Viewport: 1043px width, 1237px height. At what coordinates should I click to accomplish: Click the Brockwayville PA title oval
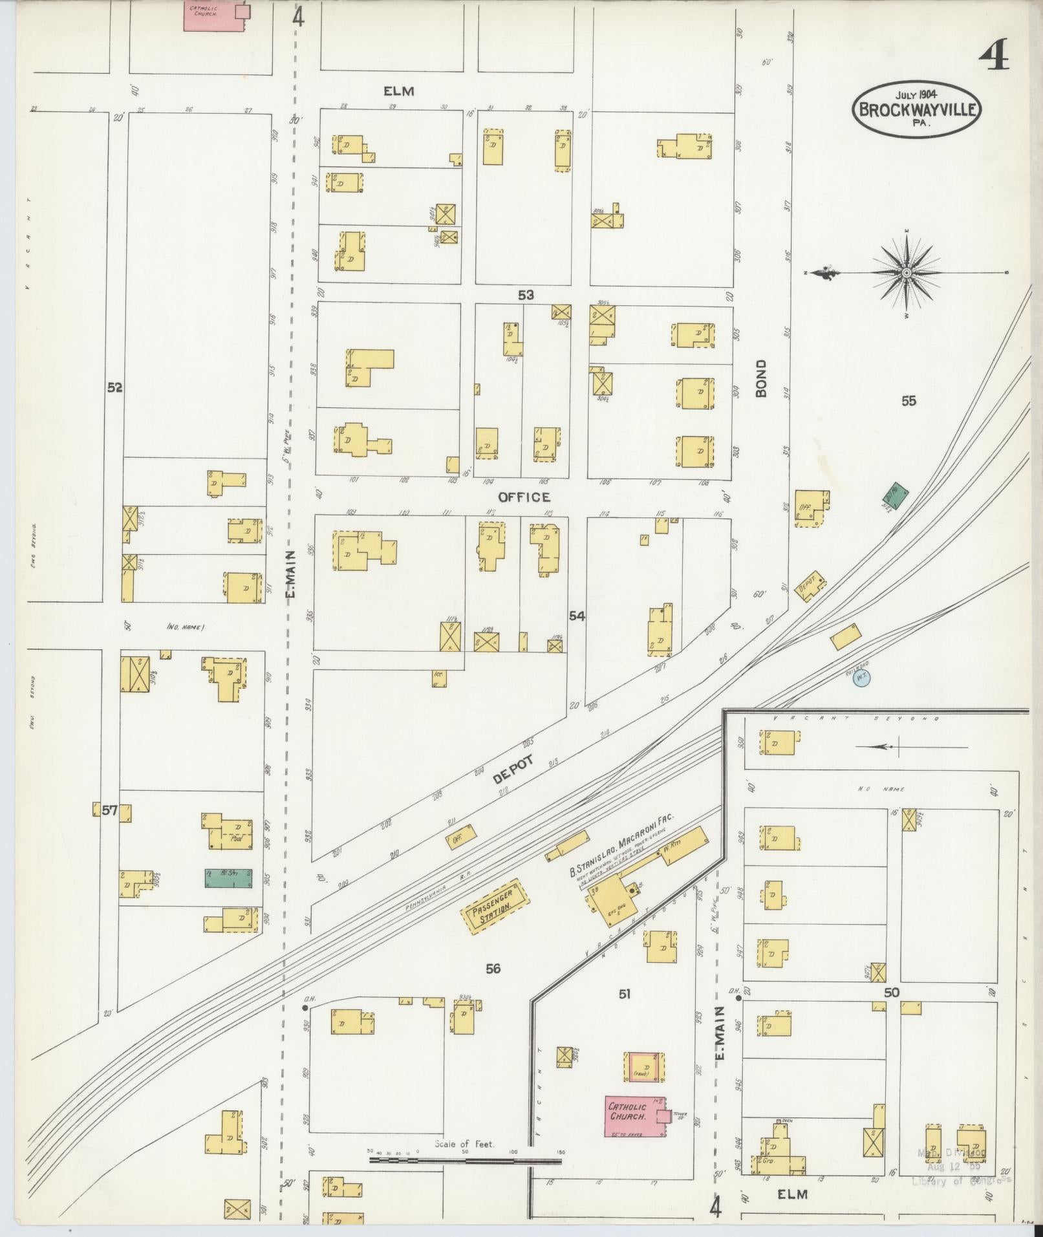pyautogui.click(x=917, y=109)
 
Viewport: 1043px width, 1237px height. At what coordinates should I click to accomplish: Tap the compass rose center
pyautogui.click(x=906, y=274)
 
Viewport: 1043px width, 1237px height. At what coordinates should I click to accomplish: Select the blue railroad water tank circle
pyautogui.click(x=861, y=678)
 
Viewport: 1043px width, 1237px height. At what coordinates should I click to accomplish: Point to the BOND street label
pyautogui.click(x=760, y=378)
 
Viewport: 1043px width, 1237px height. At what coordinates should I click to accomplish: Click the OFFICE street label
pyautogui.click(x=524, y=497)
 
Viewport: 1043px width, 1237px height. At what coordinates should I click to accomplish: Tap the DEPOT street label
pyautogui.click(x=514, y=769)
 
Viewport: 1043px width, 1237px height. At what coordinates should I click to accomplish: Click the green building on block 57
pyautogui.click(x=228, y=878)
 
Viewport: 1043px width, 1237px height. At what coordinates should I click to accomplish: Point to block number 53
pyautogui.click(x=526, y=296)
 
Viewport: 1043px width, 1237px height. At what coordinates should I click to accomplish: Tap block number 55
pyautogui.click(x=909, y=401)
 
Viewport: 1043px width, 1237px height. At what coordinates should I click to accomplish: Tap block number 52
pyautogui.click(x=115, y=387)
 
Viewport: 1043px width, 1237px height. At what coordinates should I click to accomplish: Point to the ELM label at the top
pyautogui.click(x=398, y=91)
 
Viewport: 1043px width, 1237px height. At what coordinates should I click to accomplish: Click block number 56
pyautogui.click(x=493, y=968)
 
